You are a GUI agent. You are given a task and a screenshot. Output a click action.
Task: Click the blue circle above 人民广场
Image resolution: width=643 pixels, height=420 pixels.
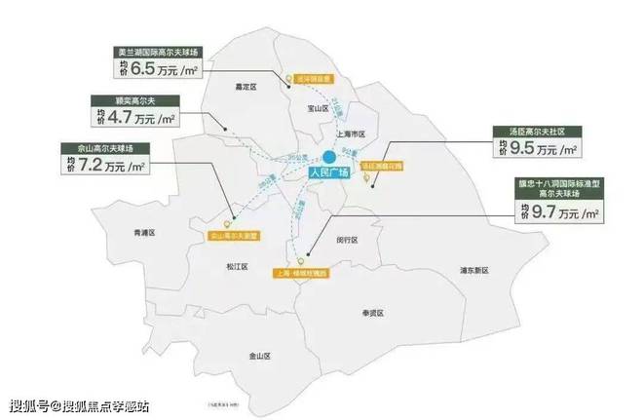[330, 157]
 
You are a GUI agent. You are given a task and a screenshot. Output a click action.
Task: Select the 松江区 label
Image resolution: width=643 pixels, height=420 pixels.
[239, 265]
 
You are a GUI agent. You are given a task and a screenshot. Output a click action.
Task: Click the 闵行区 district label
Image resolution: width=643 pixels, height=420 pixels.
[346, 239]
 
